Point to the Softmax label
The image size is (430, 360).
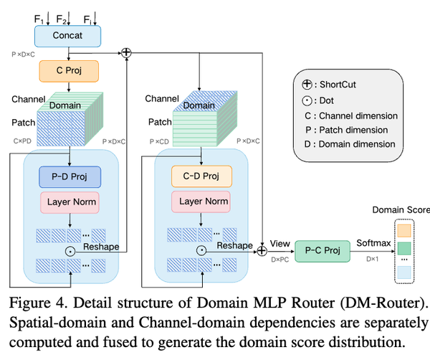tap(375, 243)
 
